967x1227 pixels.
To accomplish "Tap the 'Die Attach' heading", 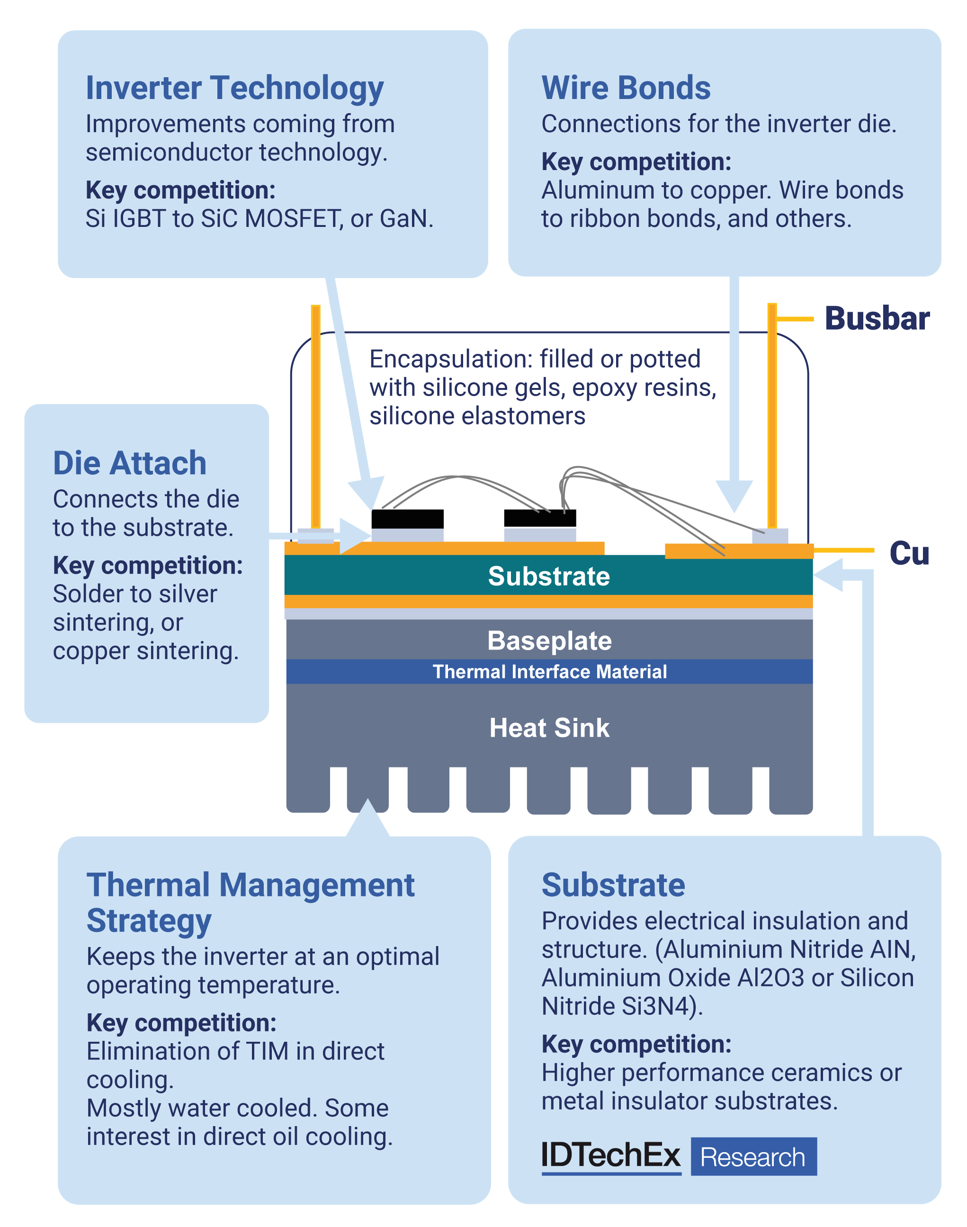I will pyautogui.click(x=130, y=463).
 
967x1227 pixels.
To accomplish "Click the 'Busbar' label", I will pyautogui.click(x=877, y=318).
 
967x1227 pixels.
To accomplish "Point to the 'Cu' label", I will pyautogui.click(x=909, y=553).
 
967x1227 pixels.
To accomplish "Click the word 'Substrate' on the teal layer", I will pyautogui.click(x=548, y=576).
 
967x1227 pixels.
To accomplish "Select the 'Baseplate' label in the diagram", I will pyautogui.click(x=549, y=641).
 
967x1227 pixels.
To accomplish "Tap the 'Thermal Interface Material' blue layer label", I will pyautogui.click(x=549, y=672).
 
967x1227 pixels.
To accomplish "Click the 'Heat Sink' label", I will pyautogui.click(x=549, y=728).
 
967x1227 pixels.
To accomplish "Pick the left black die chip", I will pyautogui.click(x=407, y=519).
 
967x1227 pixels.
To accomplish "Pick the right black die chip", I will pyautogui.click(x=539, y=517).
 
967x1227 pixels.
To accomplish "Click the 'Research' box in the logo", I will pyautogui.click(x=753, y=1157).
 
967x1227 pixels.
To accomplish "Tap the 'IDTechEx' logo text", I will pyautogui.click(x=610, y=1155).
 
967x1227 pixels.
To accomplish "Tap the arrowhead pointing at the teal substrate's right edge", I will pyautogui.click(x=828, y=575).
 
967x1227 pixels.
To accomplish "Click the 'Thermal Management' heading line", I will pyautogui.click(x=250, y=885).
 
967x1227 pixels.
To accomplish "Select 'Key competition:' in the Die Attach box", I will pyautogui.click(x=148, y=565).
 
